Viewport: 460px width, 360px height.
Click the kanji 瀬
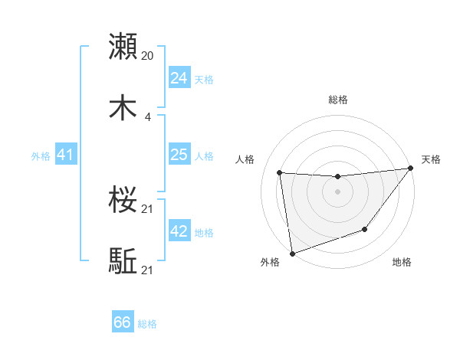(123, 47)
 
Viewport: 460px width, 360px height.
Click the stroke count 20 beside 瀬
(148, 55)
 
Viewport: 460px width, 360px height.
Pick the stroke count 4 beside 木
(148, 117)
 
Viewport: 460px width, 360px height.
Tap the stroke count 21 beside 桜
(148, 209)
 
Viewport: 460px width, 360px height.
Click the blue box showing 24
(179, 77)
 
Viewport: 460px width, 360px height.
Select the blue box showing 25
(179, 155)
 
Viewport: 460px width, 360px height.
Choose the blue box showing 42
(179, 231)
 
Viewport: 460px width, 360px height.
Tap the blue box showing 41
(65, 155)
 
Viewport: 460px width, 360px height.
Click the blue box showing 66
(123, 322)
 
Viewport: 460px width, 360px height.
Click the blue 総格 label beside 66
(147, 324)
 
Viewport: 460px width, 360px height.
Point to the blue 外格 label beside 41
(41, 156)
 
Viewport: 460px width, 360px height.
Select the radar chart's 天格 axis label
(431, 159)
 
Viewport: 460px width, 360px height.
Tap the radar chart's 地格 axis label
(402, 262)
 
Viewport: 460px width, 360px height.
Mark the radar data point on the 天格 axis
(410, 169)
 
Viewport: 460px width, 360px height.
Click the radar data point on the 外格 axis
(292, 253)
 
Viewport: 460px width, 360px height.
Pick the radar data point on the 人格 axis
(280, 173)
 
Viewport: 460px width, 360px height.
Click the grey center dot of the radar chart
(337, 191)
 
